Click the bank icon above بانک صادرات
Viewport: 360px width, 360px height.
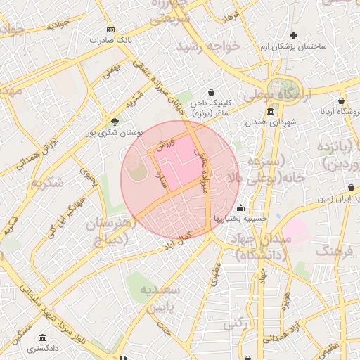(x=110, y=30)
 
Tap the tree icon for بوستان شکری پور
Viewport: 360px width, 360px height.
(x=115, y=121)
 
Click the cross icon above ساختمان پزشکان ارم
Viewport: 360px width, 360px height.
(x=293, y=35)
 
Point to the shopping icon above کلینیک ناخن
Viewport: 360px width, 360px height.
(x=211, y=92)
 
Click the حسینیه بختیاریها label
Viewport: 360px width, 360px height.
(x=241, y=218)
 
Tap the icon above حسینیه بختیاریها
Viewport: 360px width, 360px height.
(x=241, y=207)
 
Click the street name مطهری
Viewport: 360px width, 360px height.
(x=214, y=274)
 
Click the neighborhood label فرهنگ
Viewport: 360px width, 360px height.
(x=337, y=250)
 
